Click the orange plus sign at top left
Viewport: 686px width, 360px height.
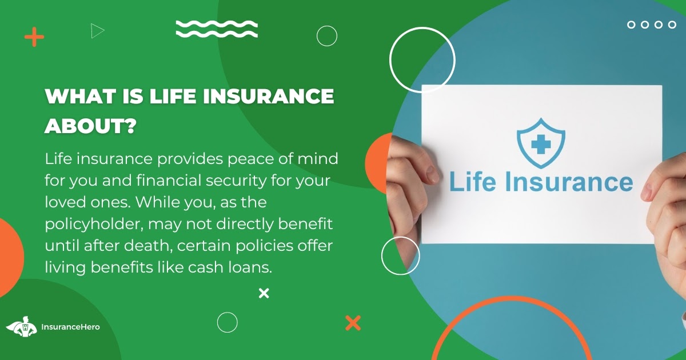point(34,37)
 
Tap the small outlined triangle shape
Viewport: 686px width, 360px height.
point(97,31)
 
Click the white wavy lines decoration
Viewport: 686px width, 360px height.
point(217,29)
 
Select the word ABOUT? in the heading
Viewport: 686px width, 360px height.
point(90,126)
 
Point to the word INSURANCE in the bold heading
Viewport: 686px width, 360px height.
point(268,96)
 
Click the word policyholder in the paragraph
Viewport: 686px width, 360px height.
point(94,225)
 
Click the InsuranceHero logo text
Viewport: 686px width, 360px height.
point(70,327)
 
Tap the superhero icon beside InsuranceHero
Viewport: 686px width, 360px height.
point(22,327)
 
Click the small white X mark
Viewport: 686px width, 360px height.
point(264,293)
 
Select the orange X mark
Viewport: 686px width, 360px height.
point(353,323)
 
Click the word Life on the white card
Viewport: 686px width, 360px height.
point(472,182)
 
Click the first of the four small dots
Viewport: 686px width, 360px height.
point(631,25)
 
